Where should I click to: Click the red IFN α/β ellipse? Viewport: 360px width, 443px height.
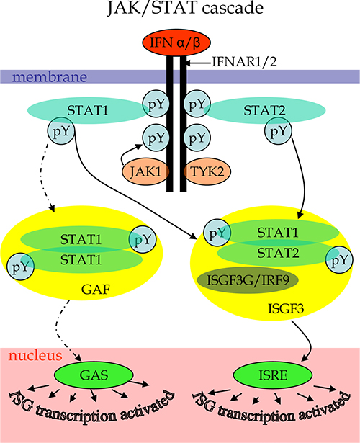tap(176, 42)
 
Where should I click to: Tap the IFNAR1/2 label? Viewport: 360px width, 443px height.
tap(244, 62)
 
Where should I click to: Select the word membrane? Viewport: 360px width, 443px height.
tap(50, 77)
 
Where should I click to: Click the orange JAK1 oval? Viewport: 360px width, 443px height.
tap(145, 171)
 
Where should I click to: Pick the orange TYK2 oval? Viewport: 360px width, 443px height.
tap(207, 171)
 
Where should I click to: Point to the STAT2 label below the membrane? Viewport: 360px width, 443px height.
tap(264, 110)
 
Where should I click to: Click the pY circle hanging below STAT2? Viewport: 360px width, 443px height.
tap(278, 131)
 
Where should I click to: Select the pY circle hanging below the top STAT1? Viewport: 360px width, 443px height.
tap(60, 131)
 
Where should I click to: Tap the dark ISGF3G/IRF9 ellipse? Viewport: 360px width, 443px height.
tap(248, 280)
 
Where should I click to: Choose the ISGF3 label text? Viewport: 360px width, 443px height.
tap(285, 309)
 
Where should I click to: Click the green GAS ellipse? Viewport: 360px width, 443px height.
tap(94, 375)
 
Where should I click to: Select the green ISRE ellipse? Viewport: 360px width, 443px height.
tap(273, 375)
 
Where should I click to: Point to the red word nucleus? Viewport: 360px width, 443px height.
tap(35, 355)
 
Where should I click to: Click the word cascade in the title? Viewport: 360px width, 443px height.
tap(233, 8)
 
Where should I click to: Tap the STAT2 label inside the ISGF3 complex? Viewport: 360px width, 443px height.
tap(278, 253)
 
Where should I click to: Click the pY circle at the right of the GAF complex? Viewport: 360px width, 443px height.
tap(143, 240)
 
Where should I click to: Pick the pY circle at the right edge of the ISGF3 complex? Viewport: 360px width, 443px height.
tap(339, 260)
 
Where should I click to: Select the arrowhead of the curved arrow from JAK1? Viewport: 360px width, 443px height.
tap(139, 146)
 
